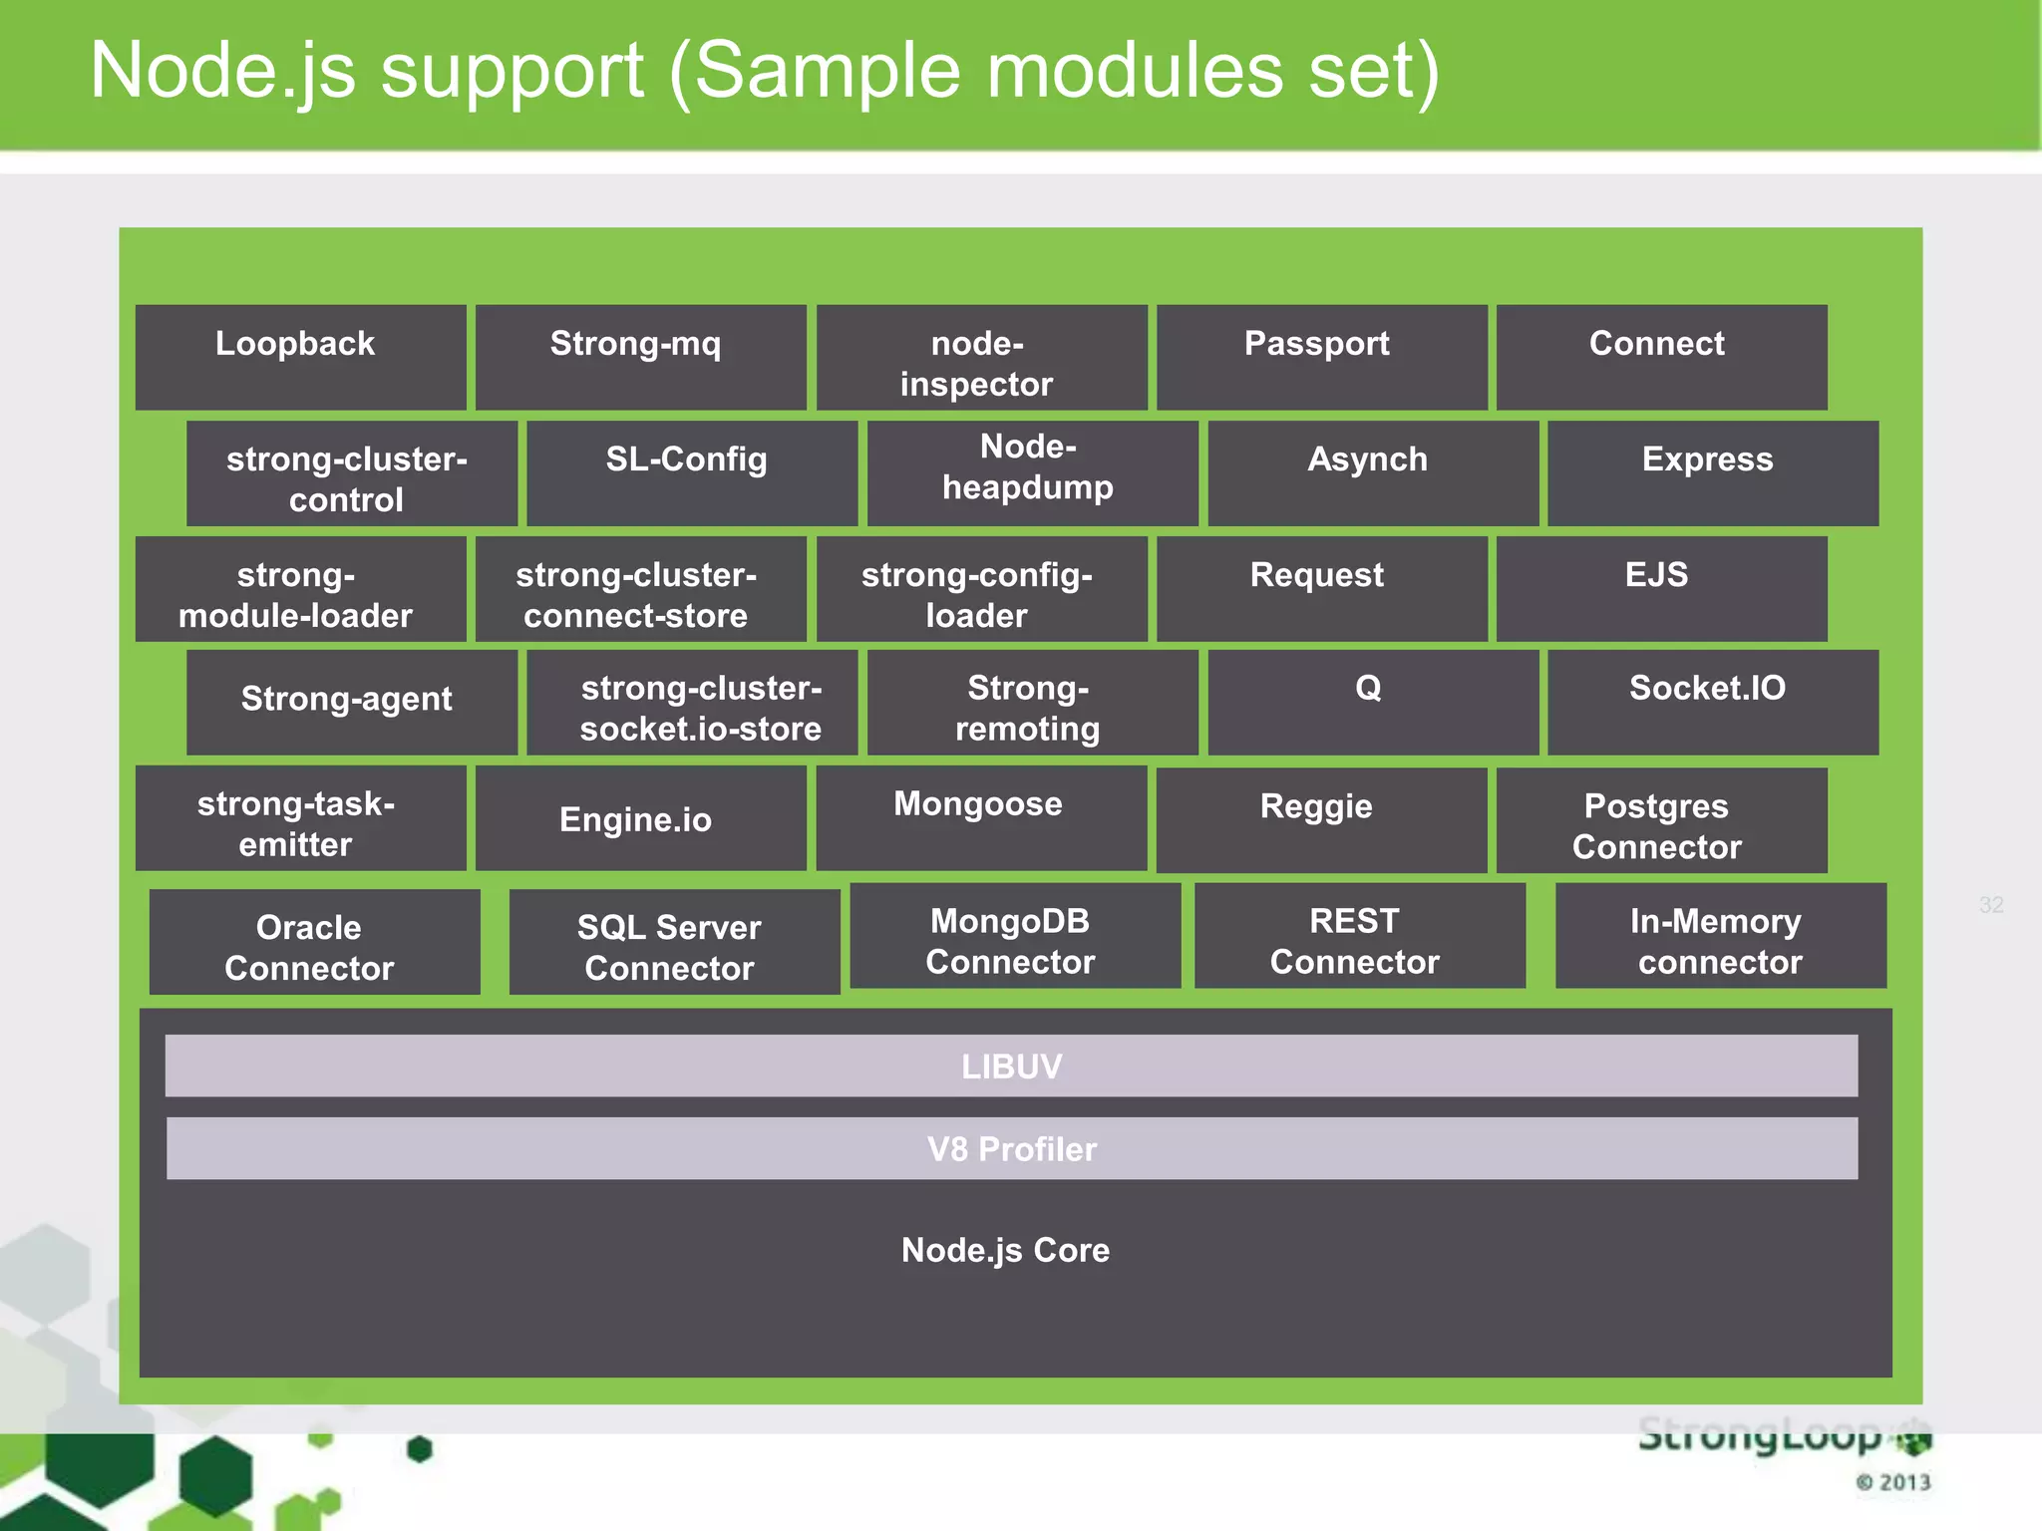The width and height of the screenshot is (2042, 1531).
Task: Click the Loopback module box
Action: coord(300,357)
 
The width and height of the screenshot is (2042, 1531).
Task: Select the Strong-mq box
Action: coord(640,357)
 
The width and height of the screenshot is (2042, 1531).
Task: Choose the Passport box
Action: coord(1321,357)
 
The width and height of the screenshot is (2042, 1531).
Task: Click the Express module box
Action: coord(1712,472)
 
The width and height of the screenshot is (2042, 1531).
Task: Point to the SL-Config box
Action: coord(691,472)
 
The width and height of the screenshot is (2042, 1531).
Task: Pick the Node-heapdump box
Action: coord(1032,472)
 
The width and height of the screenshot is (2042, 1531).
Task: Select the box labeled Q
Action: coord(1372,702)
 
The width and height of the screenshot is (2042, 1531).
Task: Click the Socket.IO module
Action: coord(1712,702)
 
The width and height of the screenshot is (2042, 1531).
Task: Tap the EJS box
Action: coord(1661,588)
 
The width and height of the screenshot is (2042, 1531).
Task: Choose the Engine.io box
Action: coord(640,818)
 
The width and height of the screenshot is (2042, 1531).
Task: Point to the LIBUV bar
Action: coord(1011,1066)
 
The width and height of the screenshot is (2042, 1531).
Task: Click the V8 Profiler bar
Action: coord(1011,1148)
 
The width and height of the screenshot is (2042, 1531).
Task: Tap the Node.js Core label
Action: coord(1005,1250)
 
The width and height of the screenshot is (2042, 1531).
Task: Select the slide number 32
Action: coord(1990,905)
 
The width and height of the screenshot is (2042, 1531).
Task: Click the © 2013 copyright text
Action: coord(1892,1482)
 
